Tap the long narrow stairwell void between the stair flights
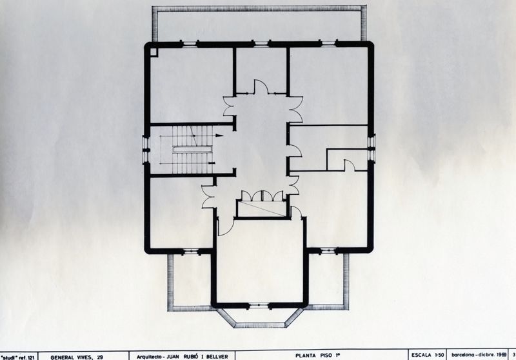coord(192,149)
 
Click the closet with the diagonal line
coord(261,208)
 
